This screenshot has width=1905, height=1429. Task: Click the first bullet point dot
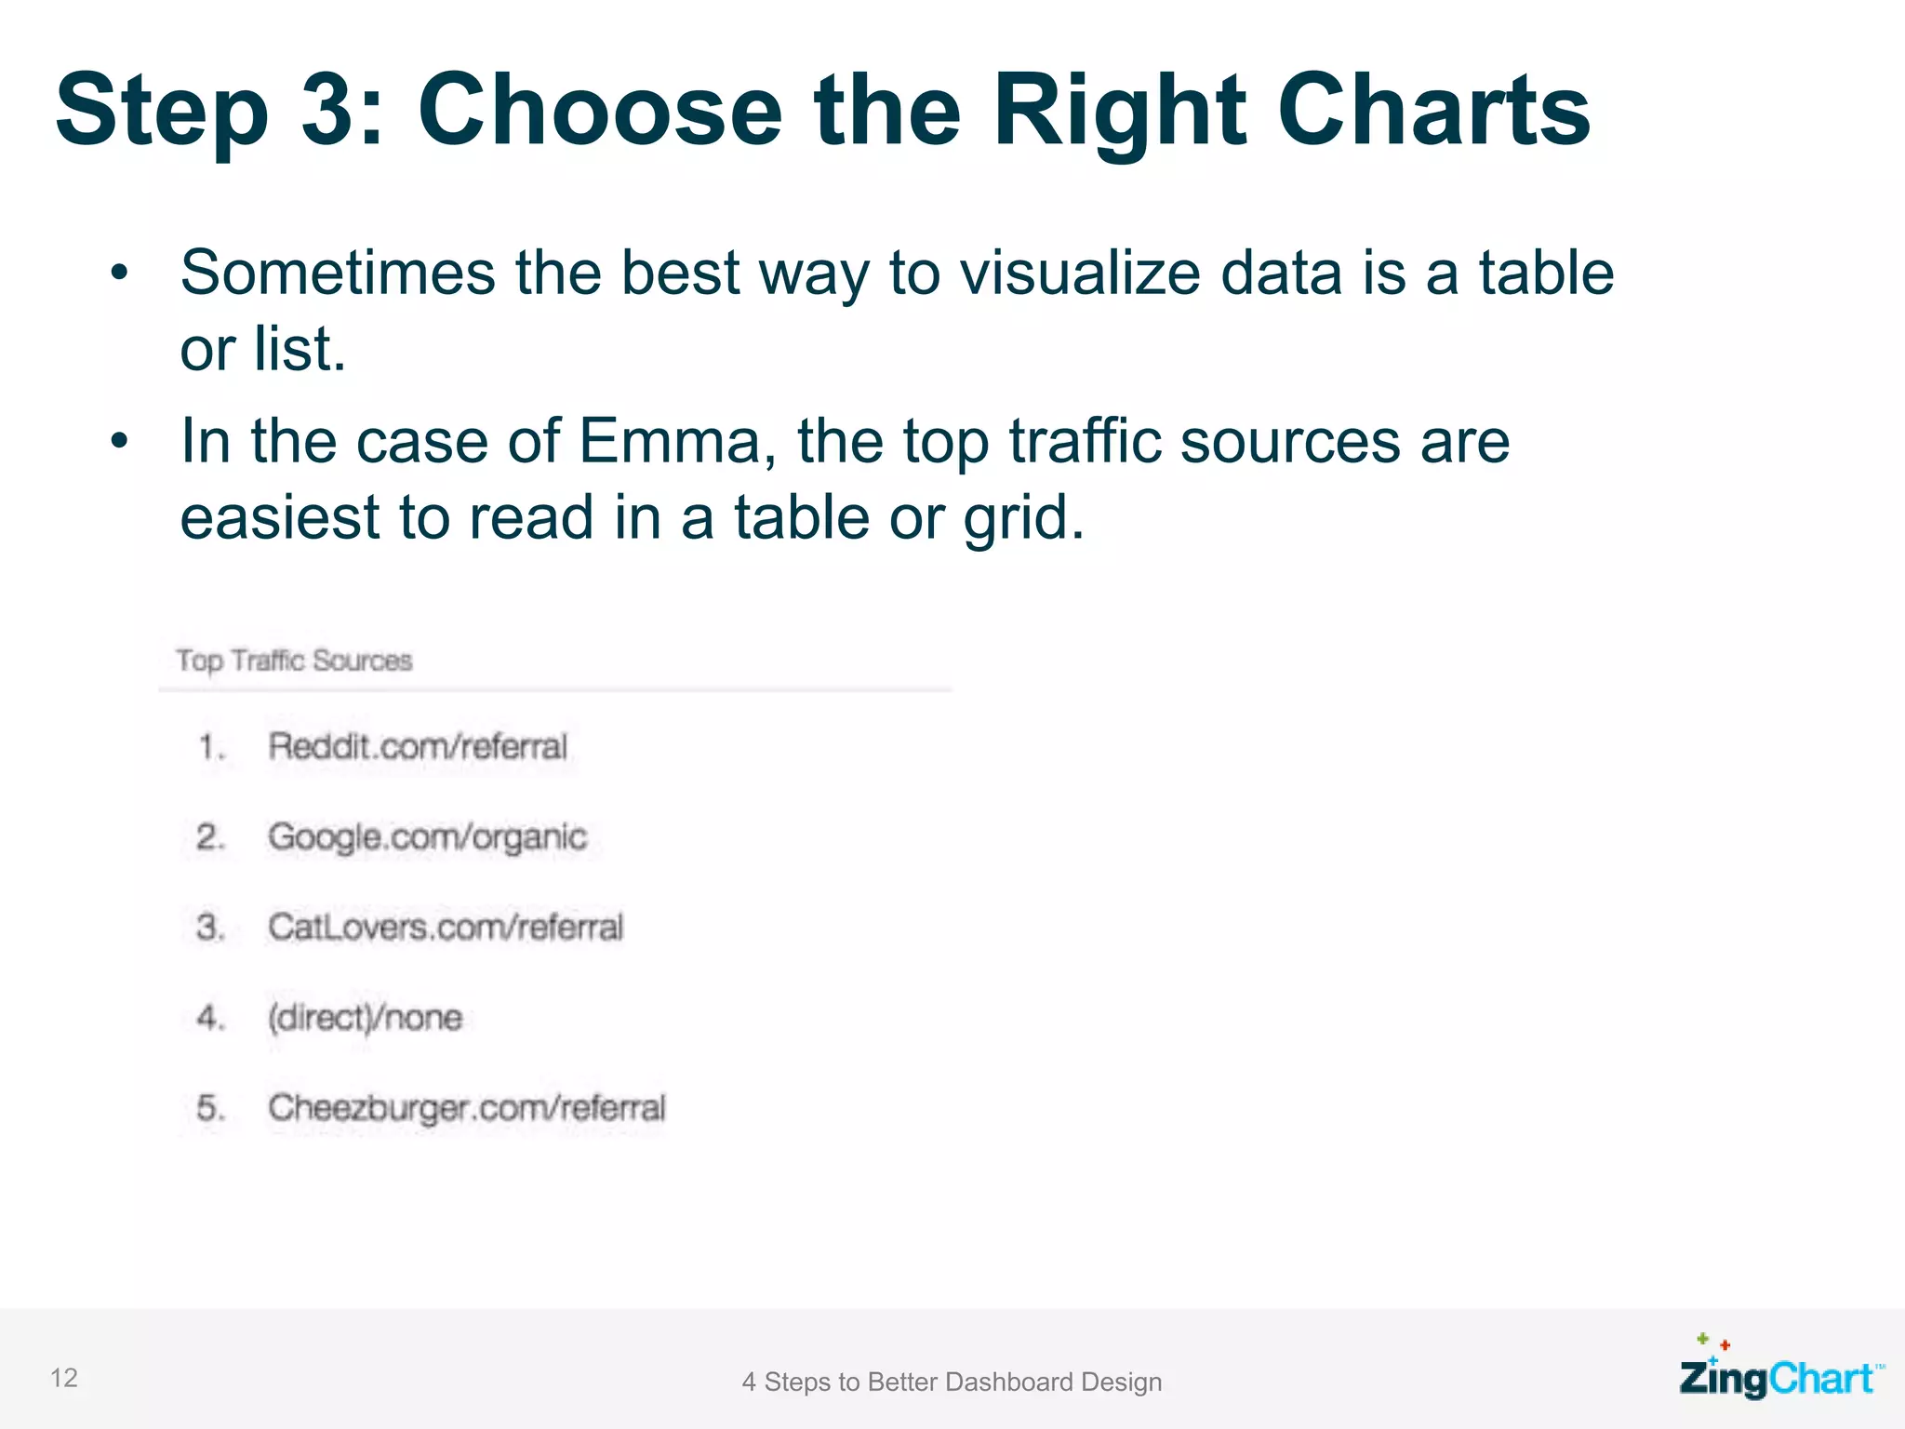[x=118, y=274]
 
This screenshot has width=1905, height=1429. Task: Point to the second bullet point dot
[x=118, y=441]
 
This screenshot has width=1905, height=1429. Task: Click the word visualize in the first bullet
[x=1079, y=274]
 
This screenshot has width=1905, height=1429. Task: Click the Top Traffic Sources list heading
[x=294, y=661]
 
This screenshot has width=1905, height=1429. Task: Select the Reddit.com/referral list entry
[x=418, y=746]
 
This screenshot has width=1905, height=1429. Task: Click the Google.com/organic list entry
[x=427, y=837]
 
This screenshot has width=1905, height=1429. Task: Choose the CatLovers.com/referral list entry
[x=446, y=927]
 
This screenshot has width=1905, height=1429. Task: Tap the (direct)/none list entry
[x=365, y=1017]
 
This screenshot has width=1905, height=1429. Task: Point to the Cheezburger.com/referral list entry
[x=467, y=1107]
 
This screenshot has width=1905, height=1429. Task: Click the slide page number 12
[x=63, y=1378]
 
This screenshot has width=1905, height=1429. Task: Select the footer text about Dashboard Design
[x=952, y=1382]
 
